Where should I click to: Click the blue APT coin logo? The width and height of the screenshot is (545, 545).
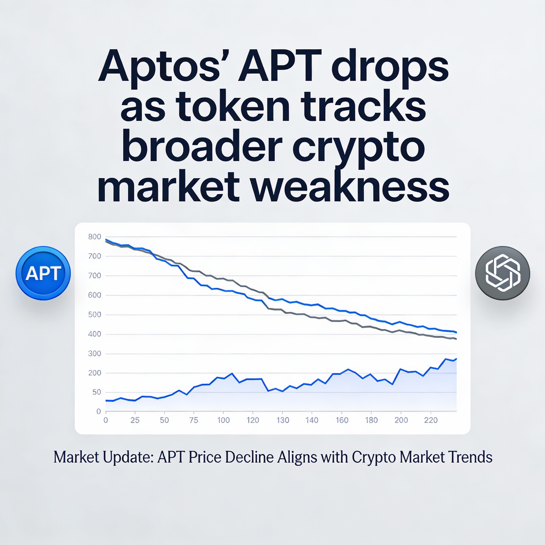point(43,273)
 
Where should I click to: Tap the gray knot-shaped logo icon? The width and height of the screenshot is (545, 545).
point(502,273)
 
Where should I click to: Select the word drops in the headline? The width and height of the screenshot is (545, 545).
point(390,66)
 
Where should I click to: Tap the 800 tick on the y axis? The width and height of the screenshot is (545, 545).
point(94,237)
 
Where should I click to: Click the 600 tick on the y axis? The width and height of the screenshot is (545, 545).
point(94,295)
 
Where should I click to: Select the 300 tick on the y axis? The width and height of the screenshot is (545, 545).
point(94,353)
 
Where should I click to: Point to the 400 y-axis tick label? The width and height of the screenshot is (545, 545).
point(94,334)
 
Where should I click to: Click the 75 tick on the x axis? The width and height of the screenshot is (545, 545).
point(193,420)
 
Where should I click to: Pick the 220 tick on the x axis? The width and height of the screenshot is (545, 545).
point(431,420)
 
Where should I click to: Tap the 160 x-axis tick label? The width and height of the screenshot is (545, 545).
point(342,420)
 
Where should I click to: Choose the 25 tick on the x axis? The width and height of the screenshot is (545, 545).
point(135,420)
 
